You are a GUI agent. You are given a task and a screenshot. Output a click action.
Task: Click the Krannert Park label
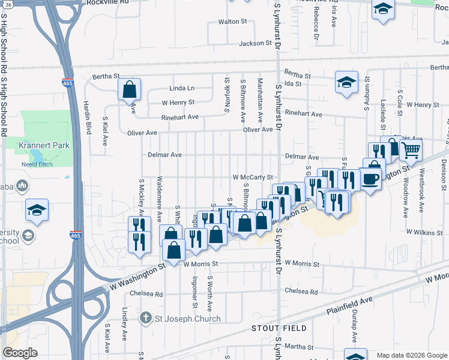click(45, 145)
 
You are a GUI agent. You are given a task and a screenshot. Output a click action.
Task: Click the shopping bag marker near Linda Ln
click(129, 90)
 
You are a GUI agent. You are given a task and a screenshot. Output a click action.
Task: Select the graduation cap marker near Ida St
click(346, 82)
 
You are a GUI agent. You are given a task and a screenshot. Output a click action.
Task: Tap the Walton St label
click(232, 22)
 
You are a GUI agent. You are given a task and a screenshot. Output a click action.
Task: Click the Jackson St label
click(256, 43)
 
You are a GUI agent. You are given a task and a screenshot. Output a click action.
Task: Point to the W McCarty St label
click(253, 178)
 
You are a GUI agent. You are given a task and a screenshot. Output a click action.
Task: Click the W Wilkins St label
click(424, 231)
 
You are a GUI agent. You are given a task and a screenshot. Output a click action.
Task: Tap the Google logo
click(20, 353)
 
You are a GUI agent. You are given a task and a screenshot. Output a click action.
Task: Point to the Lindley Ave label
click(124, 321)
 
